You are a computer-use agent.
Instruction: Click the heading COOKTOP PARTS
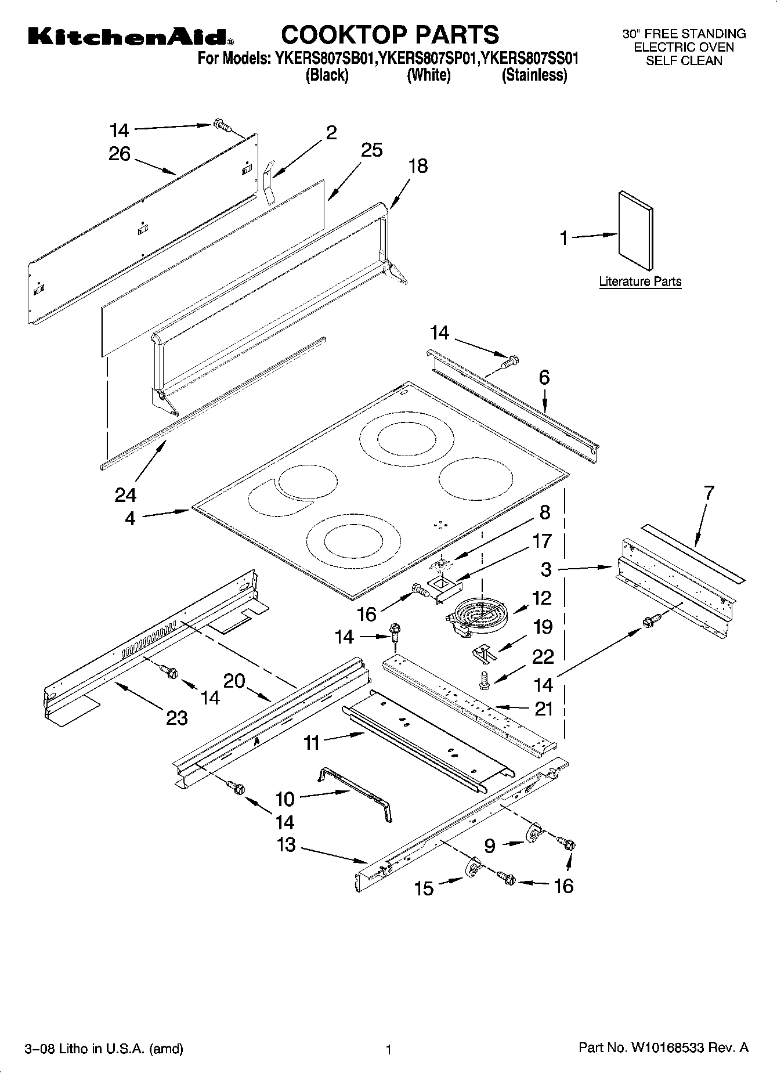point(389,35)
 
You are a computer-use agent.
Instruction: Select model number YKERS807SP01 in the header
point(428,59)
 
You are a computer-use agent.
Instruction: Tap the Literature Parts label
point(640,282)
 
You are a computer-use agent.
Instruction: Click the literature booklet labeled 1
point(635,230)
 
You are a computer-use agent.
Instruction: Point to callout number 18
point(418,166)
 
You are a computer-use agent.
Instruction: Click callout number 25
point(371,150)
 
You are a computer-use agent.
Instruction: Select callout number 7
point(709,493)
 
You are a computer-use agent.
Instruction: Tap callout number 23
point(176,718)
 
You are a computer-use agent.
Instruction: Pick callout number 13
point(286,844)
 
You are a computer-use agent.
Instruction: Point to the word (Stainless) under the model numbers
point(534,75)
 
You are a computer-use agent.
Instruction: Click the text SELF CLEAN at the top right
point(684,60)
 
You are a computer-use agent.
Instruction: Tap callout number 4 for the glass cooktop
point(130,518)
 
